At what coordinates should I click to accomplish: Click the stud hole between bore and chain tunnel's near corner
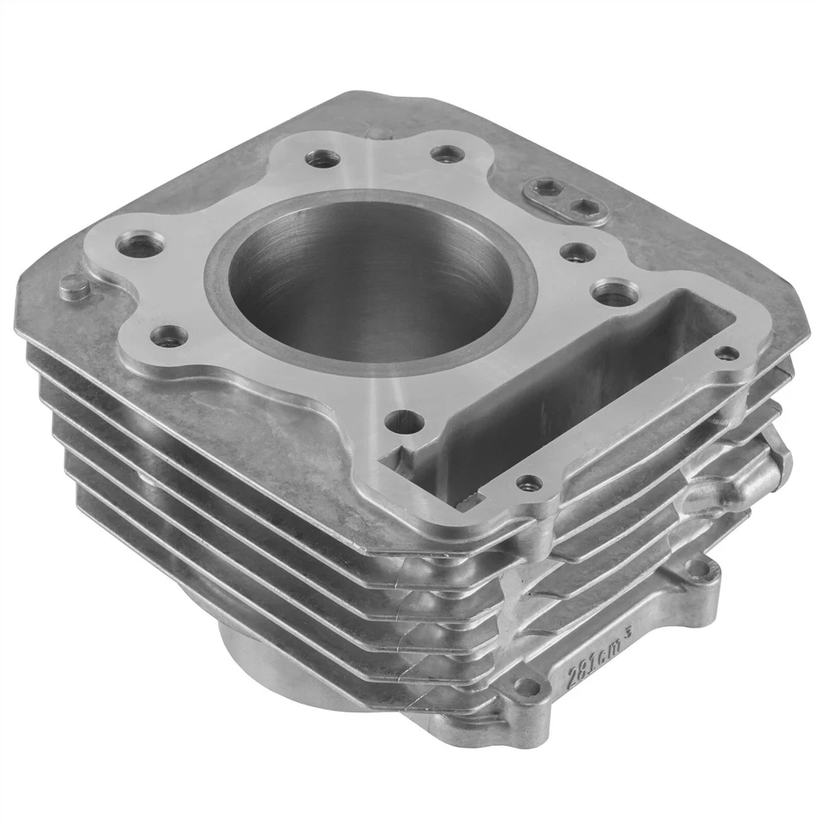tap(405, 421)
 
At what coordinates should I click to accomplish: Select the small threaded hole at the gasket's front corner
tap(529, 484)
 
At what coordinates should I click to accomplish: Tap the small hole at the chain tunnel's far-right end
tap(726, 352)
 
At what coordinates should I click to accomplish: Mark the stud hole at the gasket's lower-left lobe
tap(171, 335)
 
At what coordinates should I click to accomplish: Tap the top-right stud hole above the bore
tap(447, 154)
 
